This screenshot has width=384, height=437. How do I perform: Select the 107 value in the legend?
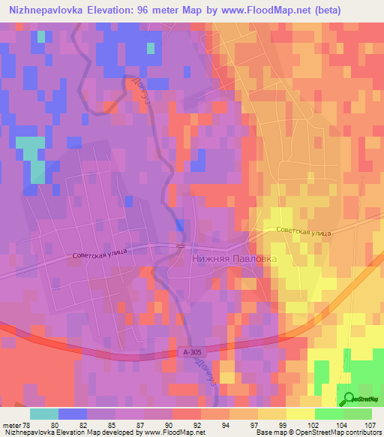370,424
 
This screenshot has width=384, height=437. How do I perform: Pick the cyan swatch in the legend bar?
44,414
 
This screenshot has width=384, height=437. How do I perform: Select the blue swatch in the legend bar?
73,414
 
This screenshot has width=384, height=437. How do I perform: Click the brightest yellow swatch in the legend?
301,414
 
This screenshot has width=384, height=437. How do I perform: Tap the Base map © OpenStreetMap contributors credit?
316,432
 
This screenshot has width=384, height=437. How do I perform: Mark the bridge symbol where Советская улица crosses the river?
179,246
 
